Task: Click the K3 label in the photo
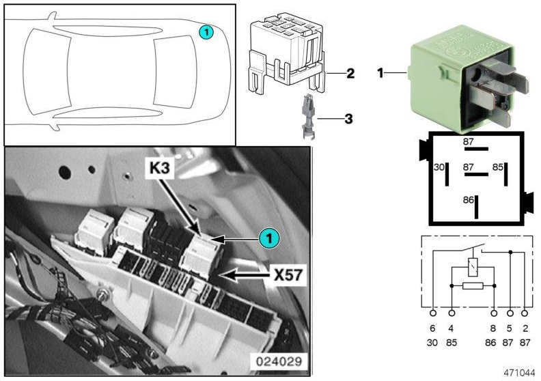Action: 160,168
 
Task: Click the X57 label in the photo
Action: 288,275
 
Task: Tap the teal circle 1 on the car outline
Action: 206,32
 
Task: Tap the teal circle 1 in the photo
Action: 269,238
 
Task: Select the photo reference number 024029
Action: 279,362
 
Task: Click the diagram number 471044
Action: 519,373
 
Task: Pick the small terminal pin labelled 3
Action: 308,117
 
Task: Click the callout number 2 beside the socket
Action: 350,73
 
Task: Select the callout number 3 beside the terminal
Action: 349,119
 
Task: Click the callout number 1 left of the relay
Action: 380,73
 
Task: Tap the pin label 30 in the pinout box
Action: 439,167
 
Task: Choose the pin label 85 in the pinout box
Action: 498,167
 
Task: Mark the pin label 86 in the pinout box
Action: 468,200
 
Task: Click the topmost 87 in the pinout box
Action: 468,141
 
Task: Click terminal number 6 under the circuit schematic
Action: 432,328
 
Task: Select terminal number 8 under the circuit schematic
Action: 494,328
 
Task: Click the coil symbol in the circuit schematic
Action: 473,267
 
